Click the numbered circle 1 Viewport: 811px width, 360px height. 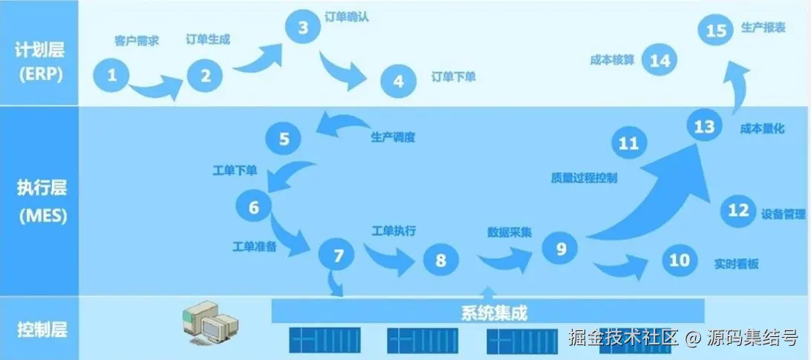tap(112, 74)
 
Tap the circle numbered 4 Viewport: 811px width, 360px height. tap(399, 82)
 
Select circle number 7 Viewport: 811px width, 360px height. tap(339, 256)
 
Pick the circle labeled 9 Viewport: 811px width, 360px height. tap(561, 248)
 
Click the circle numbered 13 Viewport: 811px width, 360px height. tap(703, 127)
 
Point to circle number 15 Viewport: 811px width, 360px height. tap(716, 30)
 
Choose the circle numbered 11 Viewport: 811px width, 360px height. tap(628, 143)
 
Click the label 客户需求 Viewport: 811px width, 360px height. tap(137, 40)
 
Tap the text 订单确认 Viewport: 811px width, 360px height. tap(347, 16)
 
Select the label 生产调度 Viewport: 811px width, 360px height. tap(393, 137)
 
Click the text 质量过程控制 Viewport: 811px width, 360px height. tap(584, 177)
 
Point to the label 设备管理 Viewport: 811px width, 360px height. tap(783, 214)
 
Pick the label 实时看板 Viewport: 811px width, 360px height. tap(737, 264)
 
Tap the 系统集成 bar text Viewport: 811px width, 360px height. tap(489, 312)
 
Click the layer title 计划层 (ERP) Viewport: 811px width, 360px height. tap(39, 62)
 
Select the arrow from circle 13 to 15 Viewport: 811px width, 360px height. tap(737, 85)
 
